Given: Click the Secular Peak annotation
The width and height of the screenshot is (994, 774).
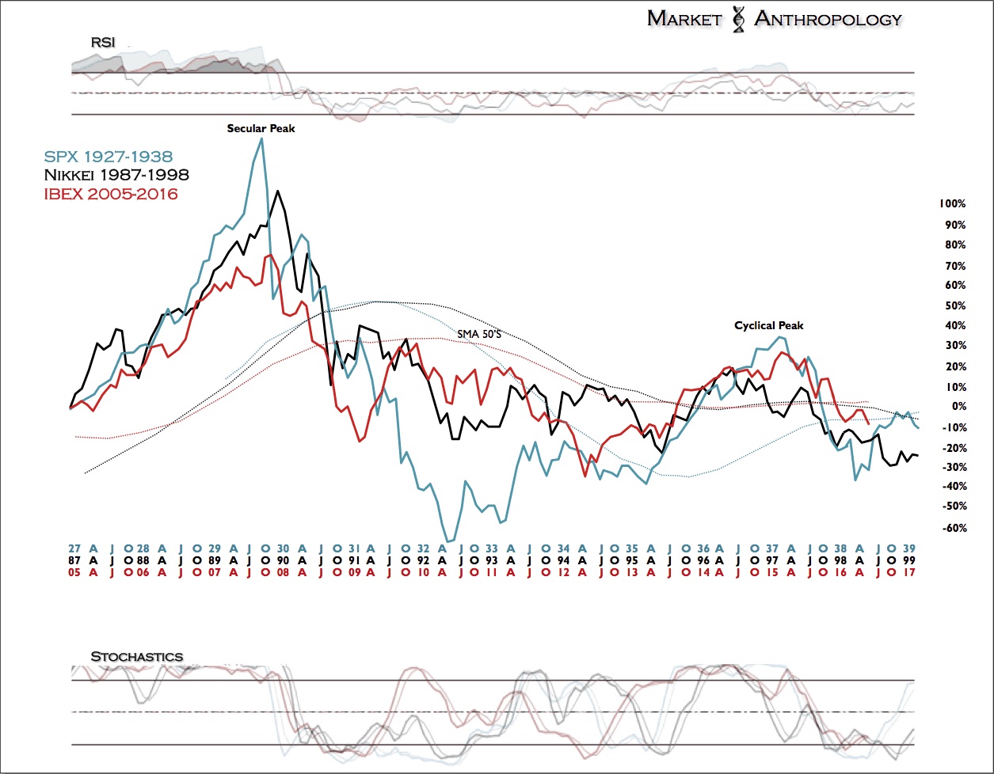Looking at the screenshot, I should [x=261, y=128].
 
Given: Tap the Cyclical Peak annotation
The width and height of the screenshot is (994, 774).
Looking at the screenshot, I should [x=768, y=325].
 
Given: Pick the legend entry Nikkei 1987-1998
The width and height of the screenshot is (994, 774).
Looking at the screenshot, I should [x=117, y=175].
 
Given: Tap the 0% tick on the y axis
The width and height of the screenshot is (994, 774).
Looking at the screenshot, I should [x=958, y=407].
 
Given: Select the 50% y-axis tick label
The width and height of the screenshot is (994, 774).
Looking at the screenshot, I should [x=954, y=305].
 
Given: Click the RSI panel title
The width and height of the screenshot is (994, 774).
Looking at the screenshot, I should [x=103, y=42].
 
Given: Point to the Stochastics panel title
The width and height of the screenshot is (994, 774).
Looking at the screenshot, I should [x=136, y=657].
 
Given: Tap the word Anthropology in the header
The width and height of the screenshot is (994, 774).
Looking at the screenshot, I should [x=828, y=19].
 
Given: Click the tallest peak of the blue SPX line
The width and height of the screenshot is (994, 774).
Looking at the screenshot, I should [x=261, y=138].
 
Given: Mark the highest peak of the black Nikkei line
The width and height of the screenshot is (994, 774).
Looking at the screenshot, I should [x=277, y=191].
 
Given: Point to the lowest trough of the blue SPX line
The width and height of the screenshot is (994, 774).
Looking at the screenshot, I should [x=448, y=541].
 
